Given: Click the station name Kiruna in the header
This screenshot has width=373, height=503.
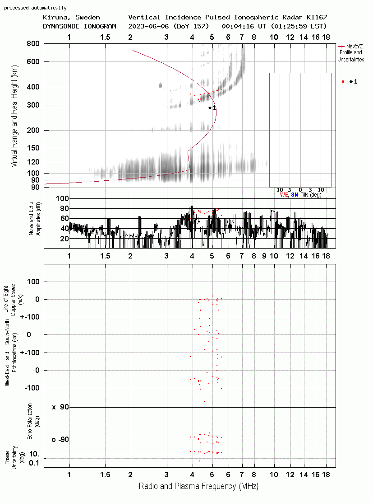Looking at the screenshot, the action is [x=55, y=18].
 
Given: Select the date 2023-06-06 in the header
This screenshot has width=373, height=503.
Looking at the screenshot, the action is [x=148, y=26].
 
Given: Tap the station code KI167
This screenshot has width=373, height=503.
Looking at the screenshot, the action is [x=317, y=17].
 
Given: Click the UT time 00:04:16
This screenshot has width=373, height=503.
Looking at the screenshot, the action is [x=238, y=26].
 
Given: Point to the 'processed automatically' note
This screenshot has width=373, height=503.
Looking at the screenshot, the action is [x=35, y=8].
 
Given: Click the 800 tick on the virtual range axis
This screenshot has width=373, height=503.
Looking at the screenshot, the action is [x=33, y=43].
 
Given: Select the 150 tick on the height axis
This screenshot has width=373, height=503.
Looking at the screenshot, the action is [x=33, y=148].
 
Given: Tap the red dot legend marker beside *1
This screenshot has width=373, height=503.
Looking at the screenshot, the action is [x=343, y=82].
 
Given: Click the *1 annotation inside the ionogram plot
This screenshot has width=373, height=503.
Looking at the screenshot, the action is [x=212, y=108].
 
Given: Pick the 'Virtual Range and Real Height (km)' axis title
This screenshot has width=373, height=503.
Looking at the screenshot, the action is [x=14, y=116].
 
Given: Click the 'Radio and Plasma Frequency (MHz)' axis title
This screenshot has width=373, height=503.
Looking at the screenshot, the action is [x=198, y=486].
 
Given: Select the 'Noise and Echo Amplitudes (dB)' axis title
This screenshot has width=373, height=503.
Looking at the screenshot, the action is [x=35, y=218].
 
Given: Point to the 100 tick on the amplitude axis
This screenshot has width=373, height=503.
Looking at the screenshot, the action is [x=62, y=198].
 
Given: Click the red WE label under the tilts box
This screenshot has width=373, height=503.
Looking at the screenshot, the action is [x=284, y=195].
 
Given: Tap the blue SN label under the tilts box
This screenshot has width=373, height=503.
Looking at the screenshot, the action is [x=295, y=195].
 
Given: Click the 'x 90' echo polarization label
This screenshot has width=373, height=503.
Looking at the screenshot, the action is [x=60, y=407].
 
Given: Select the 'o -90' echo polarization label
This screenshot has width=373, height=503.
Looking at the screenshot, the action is [x=60, y=439].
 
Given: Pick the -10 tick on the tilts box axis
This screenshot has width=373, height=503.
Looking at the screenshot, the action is [x=279, y=190].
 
